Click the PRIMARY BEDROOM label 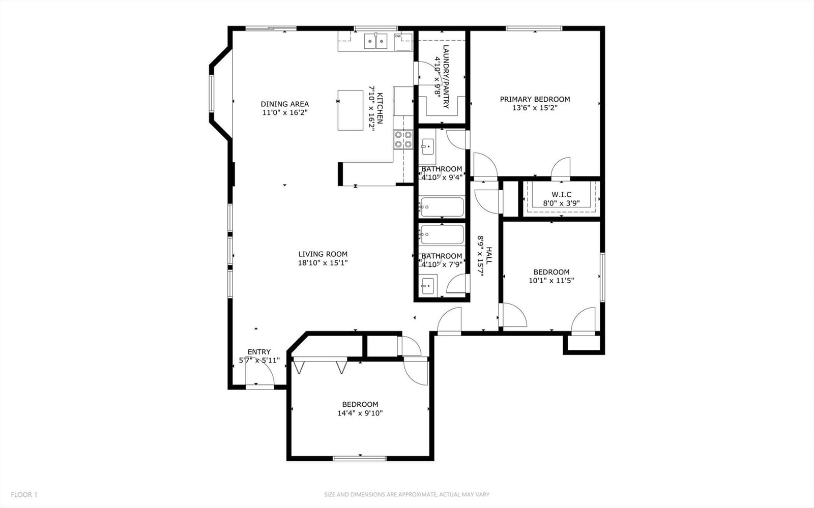535,99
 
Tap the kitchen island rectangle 351,110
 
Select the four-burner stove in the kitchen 403,139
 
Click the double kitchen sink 376,41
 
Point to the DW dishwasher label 398,36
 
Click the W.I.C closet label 561,195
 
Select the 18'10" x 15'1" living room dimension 323,262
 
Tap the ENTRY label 259,352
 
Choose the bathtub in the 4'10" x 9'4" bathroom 442,206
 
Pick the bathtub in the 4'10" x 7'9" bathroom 442,234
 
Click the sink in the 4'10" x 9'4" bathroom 427,146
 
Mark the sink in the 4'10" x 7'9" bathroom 428,286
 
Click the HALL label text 489,256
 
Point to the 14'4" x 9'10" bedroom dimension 360,413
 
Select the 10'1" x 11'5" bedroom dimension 551,280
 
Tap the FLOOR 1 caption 24,495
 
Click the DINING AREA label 284,104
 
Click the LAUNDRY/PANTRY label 446,77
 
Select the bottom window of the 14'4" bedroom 359,459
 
